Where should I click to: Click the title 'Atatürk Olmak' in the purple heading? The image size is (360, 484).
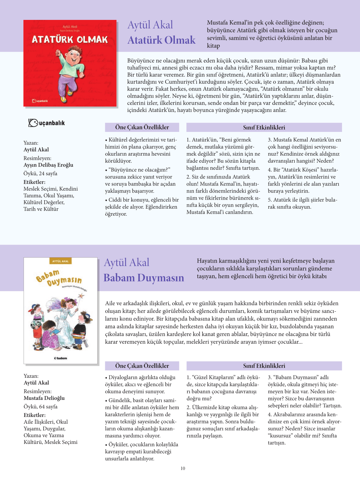(161, 40)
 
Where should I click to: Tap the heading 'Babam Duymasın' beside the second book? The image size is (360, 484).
(144, 278)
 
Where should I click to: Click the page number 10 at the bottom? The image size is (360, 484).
(183, 468)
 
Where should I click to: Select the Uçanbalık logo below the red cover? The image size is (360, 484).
(47, 123)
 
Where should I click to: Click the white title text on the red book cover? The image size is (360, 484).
(70, 39)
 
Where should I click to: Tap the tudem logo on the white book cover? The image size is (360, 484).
(61, 358)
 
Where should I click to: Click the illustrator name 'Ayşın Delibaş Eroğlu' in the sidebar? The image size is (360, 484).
(48, 165)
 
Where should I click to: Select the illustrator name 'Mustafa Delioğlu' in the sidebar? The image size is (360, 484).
(44, 398)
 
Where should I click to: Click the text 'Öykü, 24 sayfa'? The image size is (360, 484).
(40, 174)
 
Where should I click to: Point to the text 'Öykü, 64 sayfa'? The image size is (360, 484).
(40, 407)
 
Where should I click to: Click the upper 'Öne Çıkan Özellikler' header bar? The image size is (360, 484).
(142, 127)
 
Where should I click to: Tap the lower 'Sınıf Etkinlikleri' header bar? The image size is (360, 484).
(264, 366)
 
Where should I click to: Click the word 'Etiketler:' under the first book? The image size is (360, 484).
(34, 182)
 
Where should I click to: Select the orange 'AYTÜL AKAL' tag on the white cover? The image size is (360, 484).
(61, 261)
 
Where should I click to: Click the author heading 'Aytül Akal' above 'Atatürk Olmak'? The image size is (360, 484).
(150, 25)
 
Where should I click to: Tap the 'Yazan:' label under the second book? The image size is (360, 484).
(31, 376)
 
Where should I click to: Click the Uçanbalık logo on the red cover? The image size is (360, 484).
(40, 101)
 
